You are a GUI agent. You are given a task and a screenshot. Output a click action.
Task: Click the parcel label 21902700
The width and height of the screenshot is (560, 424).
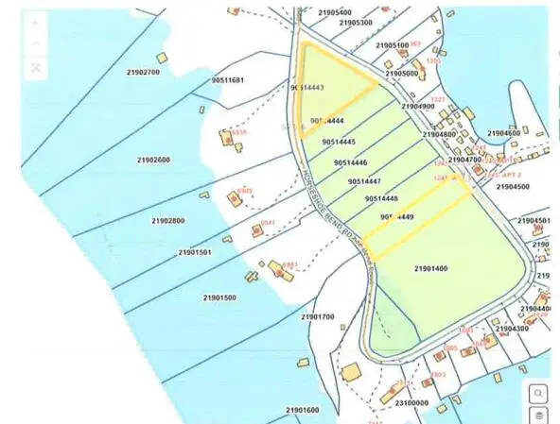tap(143, 72)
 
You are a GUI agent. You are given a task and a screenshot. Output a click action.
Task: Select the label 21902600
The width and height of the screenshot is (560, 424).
tap(153, 161)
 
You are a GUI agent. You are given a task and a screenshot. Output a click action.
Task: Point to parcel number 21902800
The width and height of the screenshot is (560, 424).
tap(167, 221)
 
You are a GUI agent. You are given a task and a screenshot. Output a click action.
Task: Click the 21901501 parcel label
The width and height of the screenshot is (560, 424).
tap(194, 252)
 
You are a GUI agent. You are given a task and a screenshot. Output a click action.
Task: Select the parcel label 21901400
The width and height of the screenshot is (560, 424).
tap(431, 269)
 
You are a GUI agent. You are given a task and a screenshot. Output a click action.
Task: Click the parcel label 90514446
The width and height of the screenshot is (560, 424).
tap(352, 162)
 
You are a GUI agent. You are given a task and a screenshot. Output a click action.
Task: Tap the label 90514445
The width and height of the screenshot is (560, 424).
tap(339, 142)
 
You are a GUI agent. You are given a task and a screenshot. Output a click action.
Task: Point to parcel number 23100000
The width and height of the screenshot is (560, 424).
tap(411, 402)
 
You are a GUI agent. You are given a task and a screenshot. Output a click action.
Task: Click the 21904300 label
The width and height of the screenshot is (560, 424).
tap(511, 328)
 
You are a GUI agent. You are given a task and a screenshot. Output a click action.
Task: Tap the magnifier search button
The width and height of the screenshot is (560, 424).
tap(537, 393)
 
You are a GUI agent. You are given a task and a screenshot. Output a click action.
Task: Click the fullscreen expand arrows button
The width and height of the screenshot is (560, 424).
tap(36, 67)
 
